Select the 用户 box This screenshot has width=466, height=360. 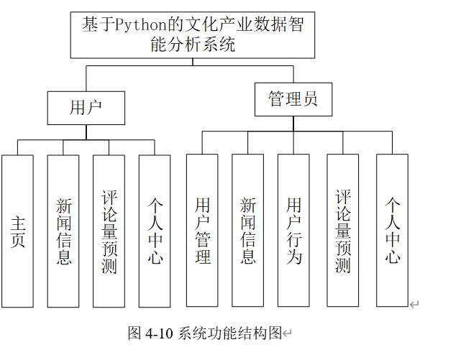coord(86,108)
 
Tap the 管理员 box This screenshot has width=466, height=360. coord(293,99)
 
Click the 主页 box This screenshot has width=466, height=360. coord(17,230)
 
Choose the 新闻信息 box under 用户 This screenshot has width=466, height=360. coord(63,230)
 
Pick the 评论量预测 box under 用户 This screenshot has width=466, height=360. coord(109,230)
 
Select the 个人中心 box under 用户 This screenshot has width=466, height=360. coord(155,230)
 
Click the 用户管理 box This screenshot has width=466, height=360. coord(202,230)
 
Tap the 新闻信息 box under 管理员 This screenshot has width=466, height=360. coord(247,230)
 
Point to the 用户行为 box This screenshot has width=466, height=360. coord(293,230)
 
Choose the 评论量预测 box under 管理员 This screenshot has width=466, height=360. coord(342,230)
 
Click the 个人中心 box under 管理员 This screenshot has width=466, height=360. coord(392,230)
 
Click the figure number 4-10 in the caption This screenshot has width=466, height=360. coord(160,333)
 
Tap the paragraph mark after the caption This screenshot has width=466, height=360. coord(288,333)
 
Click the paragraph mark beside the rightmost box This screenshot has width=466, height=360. coord(414,305)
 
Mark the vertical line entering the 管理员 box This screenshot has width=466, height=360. coord(293,74)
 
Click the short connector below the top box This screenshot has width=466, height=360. coord(192,62)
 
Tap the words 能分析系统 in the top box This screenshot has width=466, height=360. coord(192,45)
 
